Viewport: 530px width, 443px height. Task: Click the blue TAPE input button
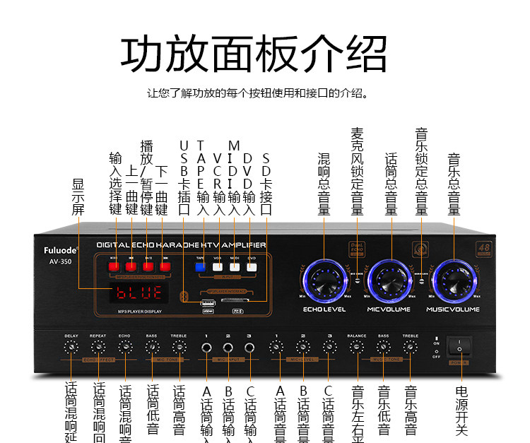coord(199,267)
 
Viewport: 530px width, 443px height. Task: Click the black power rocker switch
coord(459,348)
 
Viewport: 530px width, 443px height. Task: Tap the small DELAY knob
coord(71,348)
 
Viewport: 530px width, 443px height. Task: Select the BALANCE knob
coord(356,348)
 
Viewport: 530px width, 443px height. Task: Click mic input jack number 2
coord(228,348)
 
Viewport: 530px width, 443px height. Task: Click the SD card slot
coord(237,301)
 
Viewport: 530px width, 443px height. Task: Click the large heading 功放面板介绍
coord(254,53)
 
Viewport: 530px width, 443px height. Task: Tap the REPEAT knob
coord(98,348)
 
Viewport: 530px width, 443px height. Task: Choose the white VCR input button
coord(218,267)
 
